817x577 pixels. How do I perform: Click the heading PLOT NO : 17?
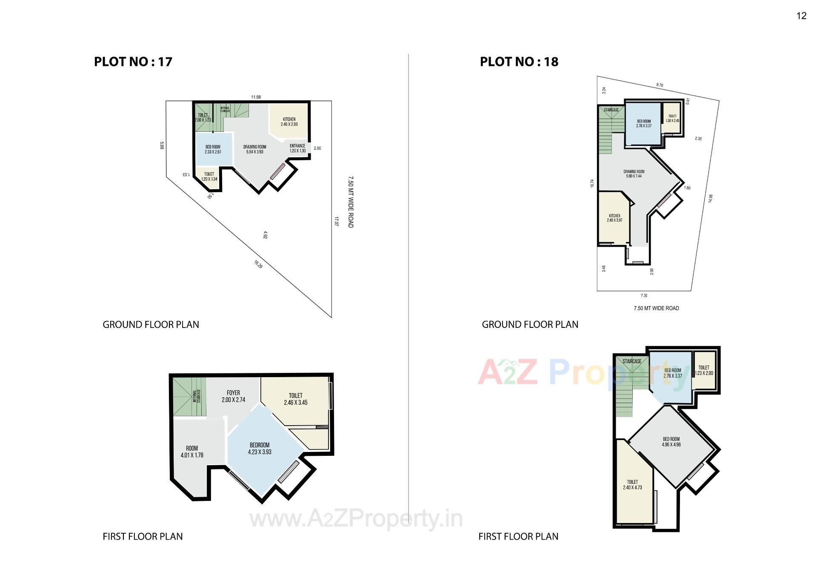pos(133,62)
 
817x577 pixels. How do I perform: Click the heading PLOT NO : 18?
pos(519,62)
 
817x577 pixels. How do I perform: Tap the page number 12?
pos(801,16)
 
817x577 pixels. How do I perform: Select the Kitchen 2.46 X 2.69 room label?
pos(289,122)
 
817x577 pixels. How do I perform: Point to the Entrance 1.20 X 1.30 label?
pos(297,148)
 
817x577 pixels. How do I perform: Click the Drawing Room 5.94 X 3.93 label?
pos(254,149)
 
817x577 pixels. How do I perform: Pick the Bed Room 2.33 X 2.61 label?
pos(213,149)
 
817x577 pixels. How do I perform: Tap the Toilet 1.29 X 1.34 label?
pos(209,176)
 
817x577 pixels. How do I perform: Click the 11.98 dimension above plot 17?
pos(256,97)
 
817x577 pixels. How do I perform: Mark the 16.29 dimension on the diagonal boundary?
pos(258,264)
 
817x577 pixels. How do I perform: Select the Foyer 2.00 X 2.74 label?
pos(233,396)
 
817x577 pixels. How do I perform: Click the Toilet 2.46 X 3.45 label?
pos(296,399)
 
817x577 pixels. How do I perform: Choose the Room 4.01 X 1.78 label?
pos(192,452)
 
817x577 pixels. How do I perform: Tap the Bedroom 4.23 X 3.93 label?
pos(260,449)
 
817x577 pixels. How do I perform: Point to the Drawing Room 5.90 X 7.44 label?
pos(634,174)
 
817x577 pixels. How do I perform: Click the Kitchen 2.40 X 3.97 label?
pos(614,218)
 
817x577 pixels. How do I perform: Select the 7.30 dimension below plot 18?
pos(644,296)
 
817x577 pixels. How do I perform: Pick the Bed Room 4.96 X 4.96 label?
pos(671,442)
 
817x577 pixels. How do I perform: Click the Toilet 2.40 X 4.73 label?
pos(632,485)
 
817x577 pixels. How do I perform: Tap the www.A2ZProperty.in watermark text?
pos(356,519)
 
